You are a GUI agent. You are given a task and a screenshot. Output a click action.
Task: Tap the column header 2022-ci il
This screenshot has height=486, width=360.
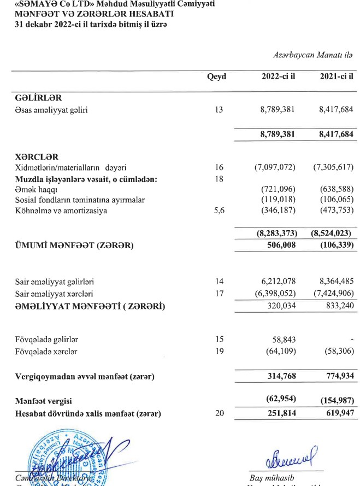(279, 77)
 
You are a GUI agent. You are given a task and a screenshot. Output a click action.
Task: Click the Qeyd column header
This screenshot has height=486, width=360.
(217, 77)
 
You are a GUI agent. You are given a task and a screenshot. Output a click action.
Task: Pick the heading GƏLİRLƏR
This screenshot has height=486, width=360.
(38, 98)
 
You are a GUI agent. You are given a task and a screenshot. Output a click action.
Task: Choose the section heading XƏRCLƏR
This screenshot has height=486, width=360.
(38, 156)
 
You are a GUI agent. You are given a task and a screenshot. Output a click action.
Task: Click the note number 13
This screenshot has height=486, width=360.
(219, 109)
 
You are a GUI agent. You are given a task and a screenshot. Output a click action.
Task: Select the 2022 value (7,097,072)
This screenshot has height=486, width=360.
(275, 167)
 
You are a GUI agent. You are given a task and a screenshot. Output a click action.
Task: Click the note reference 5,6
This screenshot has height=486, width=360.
(220, 210)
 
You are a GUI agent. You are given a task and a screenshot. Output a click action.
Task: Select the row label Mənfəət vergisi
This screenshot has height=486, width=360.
(43, 401)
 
